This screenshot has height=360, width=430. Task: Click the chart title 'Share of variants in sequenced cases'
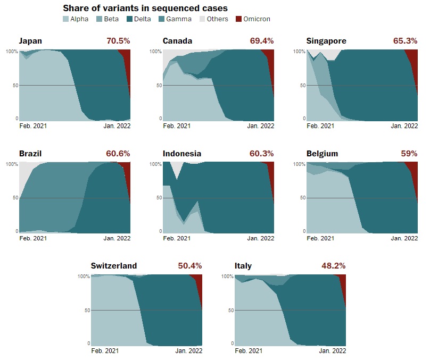point(145,8)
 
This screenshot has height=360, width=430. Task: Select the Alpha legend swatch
point(66,19)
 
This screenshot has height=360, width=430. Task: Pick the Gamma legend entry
point(172,19)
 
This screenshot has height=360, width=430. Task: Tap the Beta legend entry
point(111,19)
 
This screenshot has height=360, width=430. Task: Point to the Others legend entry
point(212,19)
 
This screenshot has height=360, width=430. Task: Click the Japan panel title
point(30,41)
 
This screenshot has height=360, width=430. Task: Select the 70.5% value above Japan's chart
point(118,41)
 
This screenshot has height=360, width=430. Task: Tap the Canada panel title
point(178,41)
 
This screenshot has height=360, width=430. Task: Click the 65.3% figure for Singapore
point(406,41)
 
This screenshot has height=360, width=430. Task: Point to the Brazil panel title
point(30,154)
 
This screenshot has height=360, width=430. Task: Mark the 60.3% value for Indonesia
point(262,154)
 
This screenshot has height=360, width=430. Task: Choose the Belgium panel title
point(322,154)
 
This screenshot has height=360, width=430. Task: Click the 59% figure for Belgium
point(409,154)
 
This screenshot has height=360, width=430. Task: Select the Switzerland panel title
point(114,266)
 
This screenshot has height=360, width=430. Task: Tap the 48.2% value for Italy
point(334,266)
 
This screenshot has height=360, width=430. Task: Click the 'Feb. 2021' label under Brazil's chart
point(33,239)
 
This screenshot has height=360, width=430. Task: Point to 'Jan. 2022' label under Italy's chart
point(332,351)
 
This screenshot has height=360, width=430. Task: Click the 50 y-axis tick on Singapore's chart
point(302,85)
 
